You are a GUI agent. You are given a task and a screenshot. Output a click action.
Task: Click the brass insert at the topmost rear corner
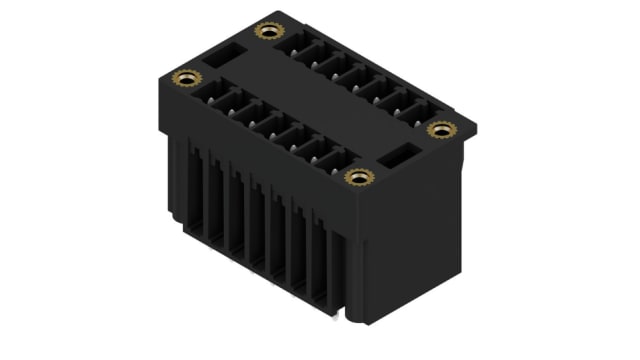[268, 31]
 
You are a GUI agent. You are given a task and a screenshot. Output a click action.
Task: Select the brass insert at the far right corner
[440, 129]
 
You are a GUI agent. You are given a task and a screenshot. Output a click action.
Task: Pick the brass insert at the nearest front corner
[358, 177]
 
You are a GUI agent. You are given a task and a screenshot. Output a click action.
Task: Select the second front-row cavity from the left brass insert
[234, 104]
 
